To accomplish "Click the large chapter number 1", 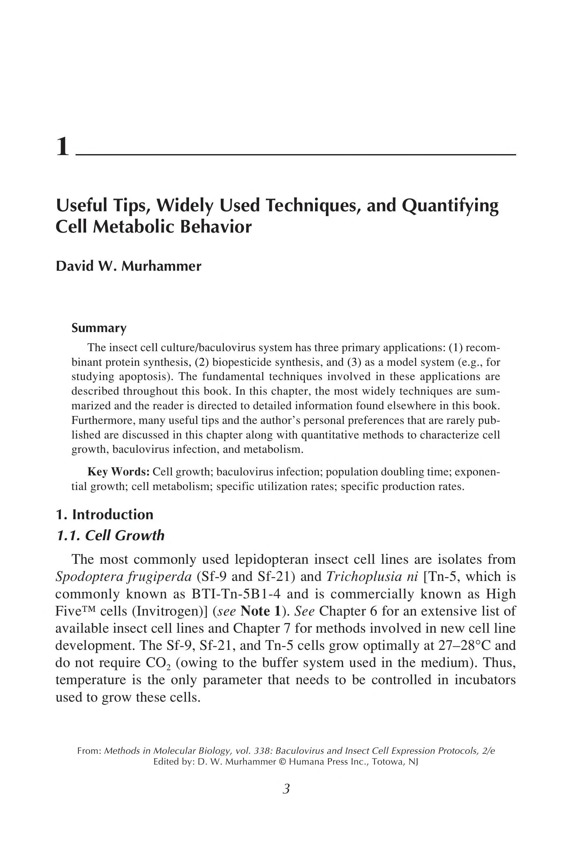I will click(x=63, y=147).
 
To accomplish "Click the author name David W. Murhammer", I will click(x=128, y=266).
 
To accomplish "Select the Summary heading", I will click(x=99, y=328).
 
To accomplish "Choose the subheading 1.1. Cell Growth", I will click(x=110, y=535).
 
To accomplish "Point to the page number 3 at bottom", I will click(x=286, y=789).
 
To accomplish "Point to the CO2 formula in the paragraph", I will click(x=158, y=663).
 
